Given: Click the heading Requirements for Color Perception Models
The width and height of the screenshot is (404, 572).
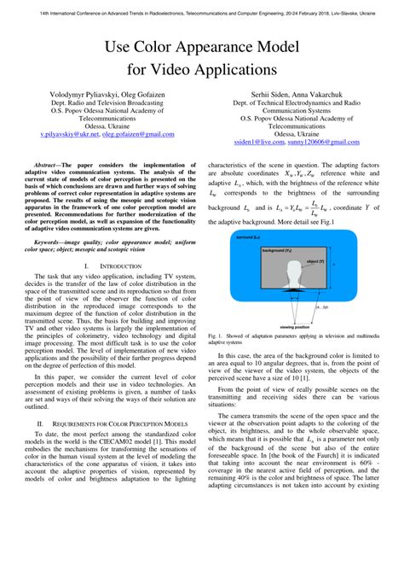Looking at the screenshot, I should pyautogui.click(x=111, y=422).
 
